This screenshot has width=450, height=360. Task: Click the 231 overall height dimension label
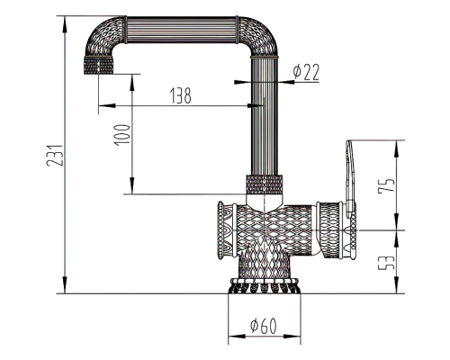(x=55, y=156)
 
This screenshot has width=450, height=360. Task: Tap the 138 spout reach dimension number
(x=181, y=95)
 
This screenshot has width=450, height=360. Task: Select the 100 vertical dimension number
(x=122, y=135)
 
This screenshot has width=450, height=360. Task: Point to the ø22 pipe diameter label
(x=306, y=72)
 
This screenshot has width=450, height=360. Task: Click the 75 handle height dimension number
(x=386, y=185)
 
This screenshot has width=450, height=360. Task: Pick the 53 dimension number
(x=386, y=263)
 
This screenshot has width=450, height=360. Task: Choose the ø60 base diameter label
(x=264, y=326)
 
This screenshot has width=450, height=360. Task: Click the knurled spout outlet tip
(x=99, y=65)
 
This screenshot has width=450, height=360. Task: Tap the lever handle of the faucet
(x=350, y=178)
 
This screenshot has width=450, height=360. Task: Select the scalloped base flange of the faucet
(x=264, y=285)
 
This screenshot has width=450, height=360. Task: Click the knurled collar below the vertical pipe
(x=265, y=184)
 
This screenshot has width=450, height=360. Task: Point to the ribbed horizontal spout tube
(x=182, y=30)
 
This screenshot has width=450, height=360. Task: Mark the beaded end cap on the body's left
(x=220, y=230)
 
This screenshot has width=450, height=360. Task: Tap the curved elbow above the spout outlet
(x=105, y=35)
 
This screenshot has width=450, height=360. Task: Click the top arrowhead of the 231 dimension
(x=65, y=23)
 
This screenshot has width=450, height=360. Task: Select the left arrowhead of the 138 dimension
(x=106, y=105)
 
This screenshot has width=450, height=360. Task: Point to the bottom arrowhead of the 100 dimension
(x=132, y=186)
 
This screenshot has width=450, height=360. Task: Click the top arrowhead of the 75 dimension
(x=397, y=148)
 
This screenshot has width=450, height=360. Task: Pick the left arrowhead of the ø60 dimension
(x=237, y=337)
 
